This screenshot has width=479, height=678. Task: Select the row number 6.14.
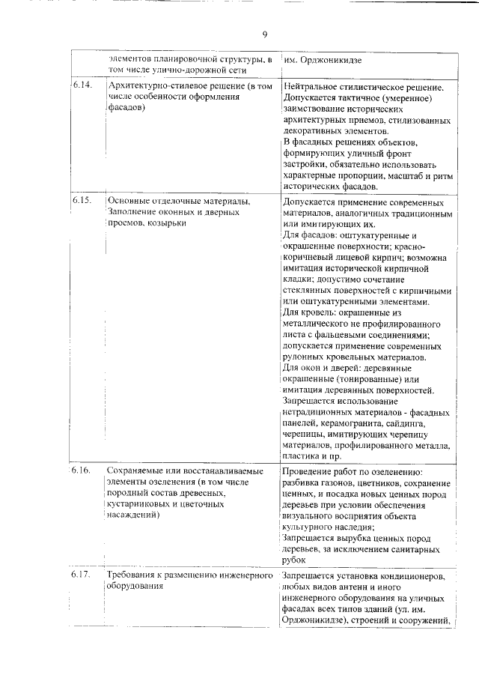(82, 85)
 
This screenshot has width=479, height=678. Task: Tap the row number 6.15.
(82, 202)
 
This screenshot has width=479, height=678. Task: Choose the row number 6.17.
(82, 575)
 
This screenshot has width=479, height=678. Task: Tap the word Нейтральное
(313, 87)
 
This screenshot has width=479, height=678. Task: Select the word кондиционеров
(411, 576)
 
